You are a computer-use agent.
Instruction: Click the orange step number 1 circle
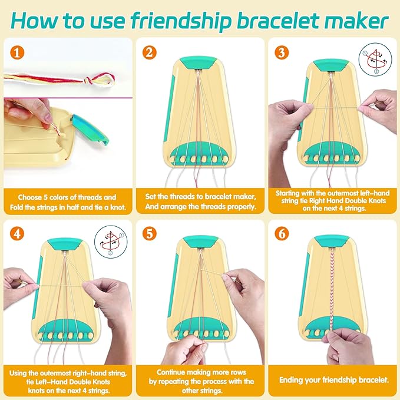click(16, 54)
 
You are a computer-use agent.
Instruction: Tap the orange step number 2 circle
click(150, 54)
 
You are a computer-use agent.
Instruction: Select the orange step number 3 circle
click(282, 54)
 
